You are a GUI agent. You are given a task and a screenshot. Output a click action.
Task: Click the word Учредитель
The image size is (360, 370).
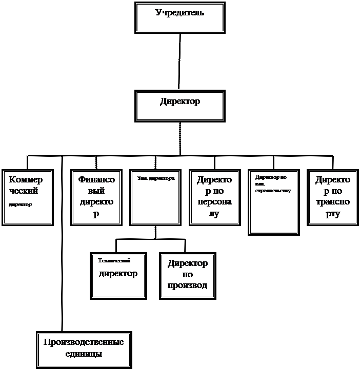point(179,12)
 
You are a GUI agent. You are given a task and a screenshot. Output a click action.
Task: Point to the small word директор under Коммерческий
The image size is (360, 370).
point(21,204)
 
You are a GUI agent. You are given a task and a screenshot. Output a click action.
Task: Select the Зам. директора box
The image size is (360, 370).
point(155,202)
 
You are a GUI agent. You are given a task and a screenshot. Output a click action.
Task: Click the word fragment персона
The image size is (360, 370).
point(214,202)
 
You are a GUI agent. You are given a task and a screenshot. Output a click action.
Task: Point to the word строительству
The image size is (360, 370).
point(273,191)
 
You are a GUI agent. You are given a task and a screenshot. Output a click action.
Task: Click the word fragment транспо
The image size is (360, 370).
point(333,202)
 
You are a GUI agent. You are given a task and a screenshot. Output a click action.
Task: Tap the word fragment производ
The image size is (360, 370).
point(187,285)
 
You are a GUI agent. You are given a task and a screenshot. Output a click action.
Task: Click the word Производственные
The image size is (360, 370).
point(84,342)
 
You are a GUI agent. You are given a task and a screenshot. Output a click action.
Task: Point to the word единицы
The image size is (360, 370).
point(84,354)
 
